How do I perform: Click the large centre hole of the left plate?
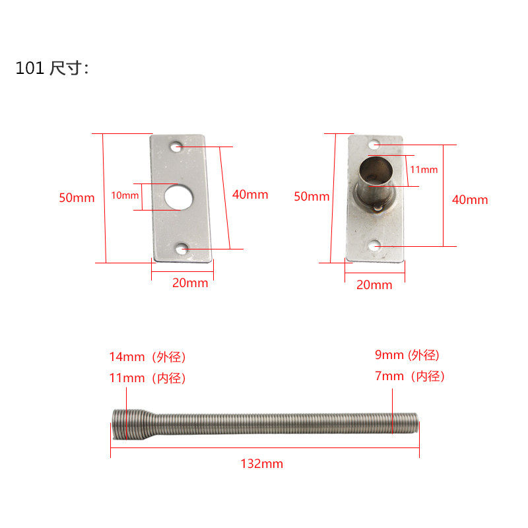pyautogui.click(x=177, y=197)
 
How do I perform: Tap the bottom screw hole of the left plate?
pyautogui.click(x=183, y=249)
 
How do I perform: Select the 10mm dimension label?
pyautogui.click(x=125, y=195)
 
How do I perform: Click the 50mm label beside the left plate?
pyautogui.click(x=77, y=197)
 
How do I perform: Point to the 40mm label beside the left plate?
pyautogui.click(x=250, y=195)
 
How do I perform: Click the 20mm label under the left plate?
pyautogui.click(x=190, y=283)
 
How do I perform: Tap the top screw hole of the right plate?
pyautogui.click(x=374, y=144)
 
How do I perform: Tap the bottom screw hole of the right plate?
pyautogui.click(x=375, y=246)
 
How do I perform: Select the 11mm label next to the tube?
pyautogui.click(x=424, y=170)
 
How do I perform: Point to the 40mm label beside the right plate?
pyautogui.click(x=470, y=199)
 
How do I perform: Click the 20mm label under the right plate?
pyautogui.click(x=374, y=285)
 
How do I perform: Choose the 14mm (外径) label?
pyautogui.click(x=148, y=357)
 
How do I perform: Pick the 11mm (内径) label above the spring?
pyautogui.click(x=148, y=378)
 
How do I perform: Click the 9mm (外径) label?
pyautogui.click(x=407, y=355)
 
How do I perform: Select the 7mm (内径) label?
pyautogui.click(x=410, y=376)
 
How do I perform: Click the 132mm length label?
pyautogui.click(x=262, y=464)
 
